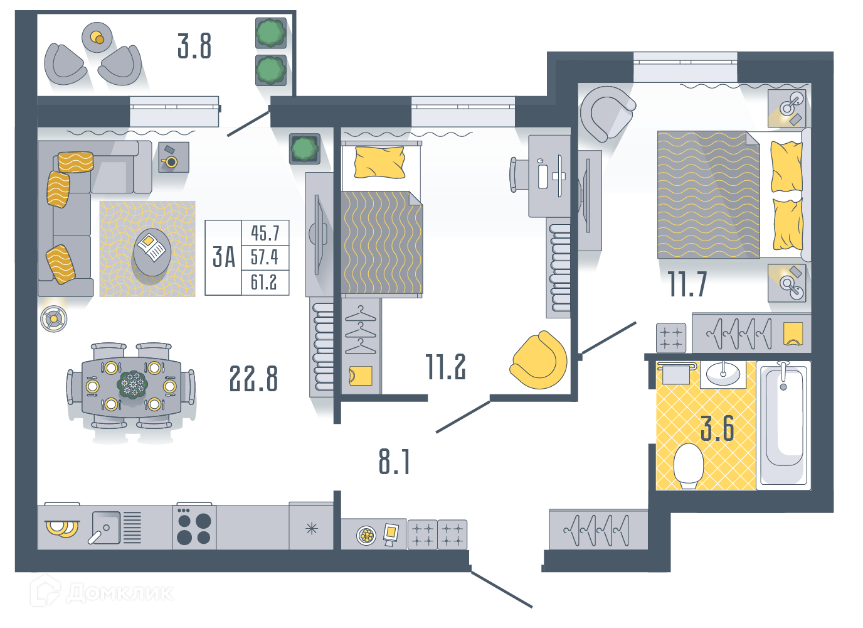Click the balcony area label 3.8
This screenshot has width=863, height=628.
194,46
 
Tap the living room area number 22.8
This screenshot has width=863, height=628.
253,379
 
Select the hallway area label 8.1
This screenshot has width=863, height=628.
394,462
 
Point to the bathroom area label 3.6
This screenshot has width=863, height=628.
717,428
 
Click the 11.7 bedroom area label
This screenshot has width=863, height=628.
687,284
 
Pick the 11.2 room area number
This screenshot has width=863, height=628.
445,367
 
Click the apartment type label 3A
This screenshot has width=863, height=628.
224,257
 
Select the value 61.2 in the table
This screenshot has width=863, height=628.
264,282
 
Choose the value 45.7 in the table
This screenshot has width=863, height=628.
265,233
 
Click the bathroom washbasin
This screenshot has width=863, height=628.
723,374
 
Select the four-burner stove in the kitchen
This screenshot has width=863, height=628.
194,526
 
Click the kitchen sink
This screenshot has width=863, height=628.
105,528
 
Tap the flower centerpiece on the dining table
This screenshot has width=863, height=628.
132,384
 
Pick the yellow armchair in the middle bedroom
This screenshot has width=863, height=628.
539,360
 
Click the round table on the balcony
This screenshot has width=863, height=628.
97,38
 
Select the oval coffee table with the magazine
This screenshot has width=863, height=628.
152,252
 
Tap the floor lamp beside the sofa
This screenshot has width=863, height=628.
54,318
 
